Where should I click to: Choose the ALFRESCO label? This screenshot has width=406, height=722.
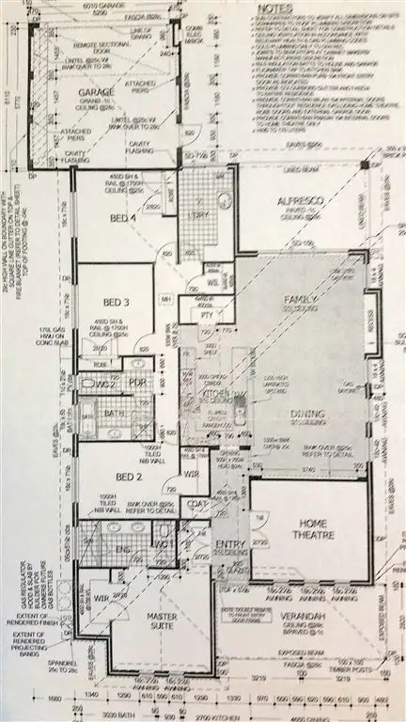tap(301, 202)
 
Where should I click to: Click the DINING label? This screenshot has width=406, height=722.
tap(307, 414)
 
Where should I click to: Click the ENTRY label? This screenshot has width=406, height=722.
tap(230, 543)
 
